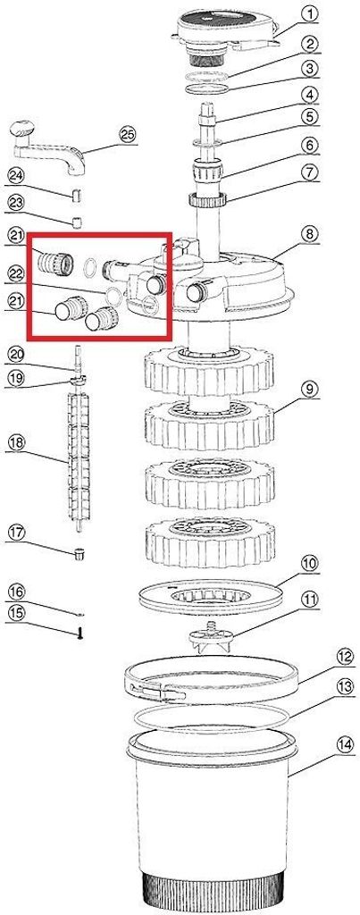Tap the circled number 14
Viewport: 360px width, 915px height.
(x=346, y=744)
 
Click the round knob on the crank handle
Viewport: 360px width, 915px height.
(x=22, y=128)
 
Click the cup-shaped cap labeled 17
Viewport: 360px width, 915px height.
(x=78, y=552)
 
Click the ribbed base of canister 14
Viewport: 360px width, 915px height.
(x=214, y=894)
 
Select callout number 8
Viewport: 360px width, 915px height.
(x=310, y=234)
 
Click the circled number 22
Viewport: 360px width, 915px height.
(x=16, y=273)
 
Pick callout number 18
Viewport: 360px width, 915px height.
(x=16, y=443)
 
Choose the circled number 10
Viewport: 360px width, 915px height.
(x=309, y=564)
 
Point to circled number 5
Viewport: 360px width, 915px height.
(x=310, y=117)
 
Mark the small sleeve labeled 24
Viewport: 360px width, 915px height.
(x=75, y=194)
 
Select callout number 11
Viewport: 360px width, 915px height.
(x=309, y=599)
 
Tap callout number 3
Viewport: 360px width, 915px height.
(x=311, y=69)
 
